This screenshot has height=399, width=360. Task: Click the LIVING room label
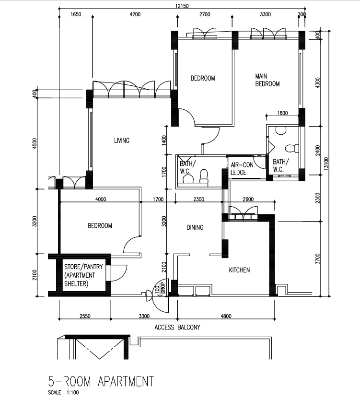pos(122,141)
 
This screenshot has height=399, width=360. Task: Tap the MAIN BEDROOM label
pos(267,80)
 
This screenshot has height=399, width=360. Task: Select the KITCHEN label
pos(239,270)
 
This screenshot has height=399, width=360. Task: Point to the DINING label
pos(195,227)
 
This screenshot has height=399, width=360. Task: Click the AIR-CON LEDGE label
pos(242,169)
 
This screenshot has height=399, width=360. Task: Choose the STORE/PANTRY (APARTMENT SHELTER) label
pos(83,275)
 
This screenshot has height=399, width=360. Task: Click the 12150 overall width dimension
pos(182,6)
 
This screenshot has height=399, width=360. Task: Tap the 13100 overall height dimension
pos(326,164)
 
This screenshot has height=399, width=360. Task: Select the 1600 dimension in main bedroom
pos(282,113)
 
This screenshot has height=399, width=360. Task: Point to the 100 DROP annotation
pos(160,288)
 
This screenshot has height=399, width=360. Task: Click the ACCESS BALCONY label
pos(177,327)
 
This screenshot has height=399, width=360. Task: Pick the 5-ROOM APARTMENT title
pos(101,381)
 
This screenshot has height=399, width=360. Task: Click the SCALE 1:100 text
pos(63,393)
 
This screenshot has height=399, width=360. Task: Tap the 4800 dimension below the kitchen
pos(226,316)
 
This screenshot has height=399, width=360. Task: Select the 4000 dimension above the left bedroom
pos(101,199)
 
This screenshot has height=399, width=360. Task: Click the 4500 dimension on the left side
pos(35,143)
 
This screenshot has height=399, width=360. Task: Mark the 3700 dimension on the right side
pos(317,259)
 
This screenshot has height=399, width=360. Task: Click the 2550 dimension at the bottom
pos(85,316)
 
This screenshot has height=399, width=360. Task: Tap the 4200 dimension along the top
pos(135,14)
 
